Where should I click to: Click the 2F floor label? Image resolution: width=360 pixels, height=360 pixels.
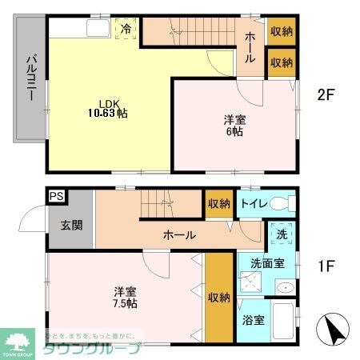(x=325, y=94)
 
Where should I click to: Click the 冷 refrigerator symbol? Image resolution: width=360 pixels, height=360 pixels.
(x=126, y=29)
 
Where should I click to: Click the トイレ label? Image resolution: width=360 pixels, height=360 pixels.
(x=250, y=203)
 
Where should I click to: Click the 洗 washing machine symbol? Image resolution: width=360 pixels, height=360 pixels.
(x=282, y=236)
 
